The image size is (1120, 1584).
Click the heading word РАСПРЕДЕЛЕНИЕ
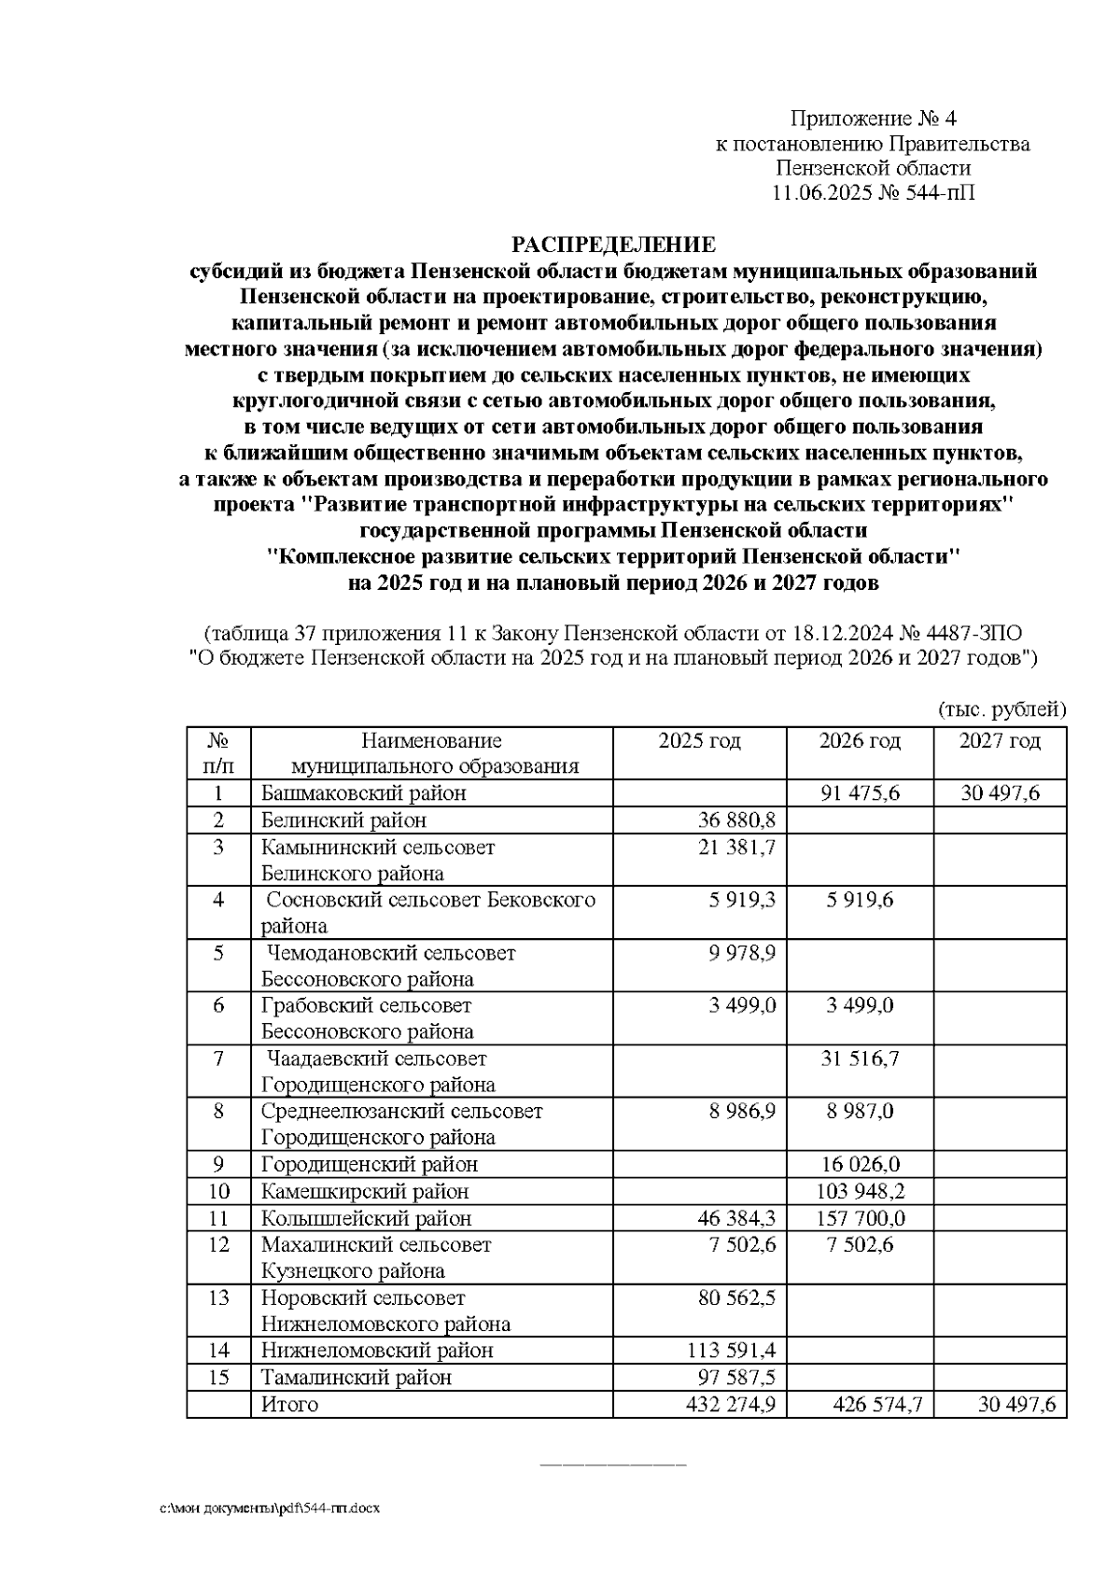point(612,245)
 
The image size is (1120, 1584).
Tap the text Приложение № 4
point(873,119)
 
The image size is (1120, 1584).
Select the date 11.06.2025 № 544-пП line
point(873,193)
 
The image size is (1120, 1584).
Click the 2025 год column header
point(699,741)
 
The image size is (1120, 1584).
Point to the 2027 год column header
point(1000,741)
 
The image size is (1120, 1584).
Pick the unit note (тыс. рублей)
point(1001,710)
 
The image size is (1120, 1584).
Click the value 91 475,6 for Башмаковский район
point(860,793)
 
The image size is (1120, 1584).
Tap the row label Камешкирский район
point(365,1191)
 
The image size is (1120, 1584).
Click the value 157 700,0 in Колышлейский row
point(860,1218)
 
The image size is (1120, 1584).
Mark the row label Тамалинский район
point(357,1377)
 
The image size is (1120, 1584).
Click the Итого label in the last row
point(290,1404)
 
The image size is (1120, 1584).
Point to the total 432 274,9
point(730,1404)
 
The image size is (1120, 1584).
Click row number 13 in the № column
point(218,1297)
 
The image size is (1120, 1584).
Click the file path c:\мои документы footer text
point(270,1507)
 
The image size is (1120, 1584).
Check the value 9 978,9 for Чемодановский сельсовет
point(743,953)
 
